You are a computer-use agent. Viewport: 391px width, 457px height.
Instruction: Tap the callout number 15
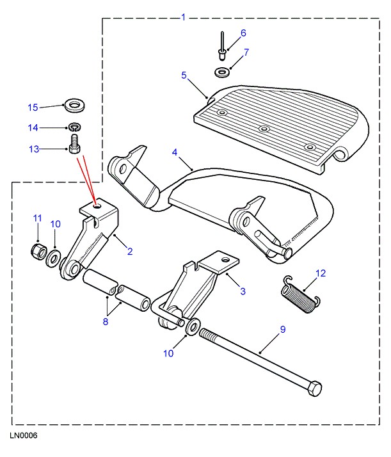click(33, 106)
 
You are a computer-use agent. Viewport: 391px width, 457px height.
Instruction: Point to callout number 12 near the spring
click(321, 273)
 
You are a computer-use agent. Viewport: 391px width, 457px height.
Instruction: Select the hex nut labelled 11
click(38, 250)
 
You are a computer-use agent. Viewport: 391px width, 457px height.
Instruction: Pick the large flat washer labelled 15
click(76, 103)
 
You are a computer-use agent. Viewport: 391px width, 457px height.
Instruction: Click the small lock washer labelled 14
click(75, 126)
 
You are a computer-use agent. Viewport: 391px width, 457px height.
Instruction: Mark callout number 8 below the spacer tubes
click(106, 321)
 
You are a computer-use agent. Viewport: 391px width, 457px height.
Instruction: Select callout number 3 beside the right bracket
click(243, 292)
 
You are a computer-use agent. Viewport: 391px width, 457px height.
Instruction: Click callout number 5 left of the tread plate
click(184, 76)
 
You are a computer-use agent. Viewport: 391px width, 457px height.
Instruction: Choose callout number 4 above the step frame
click(175, 152)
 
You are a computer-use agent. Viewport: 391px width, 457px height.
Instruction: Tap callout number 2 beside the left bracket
click(130, 252)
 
